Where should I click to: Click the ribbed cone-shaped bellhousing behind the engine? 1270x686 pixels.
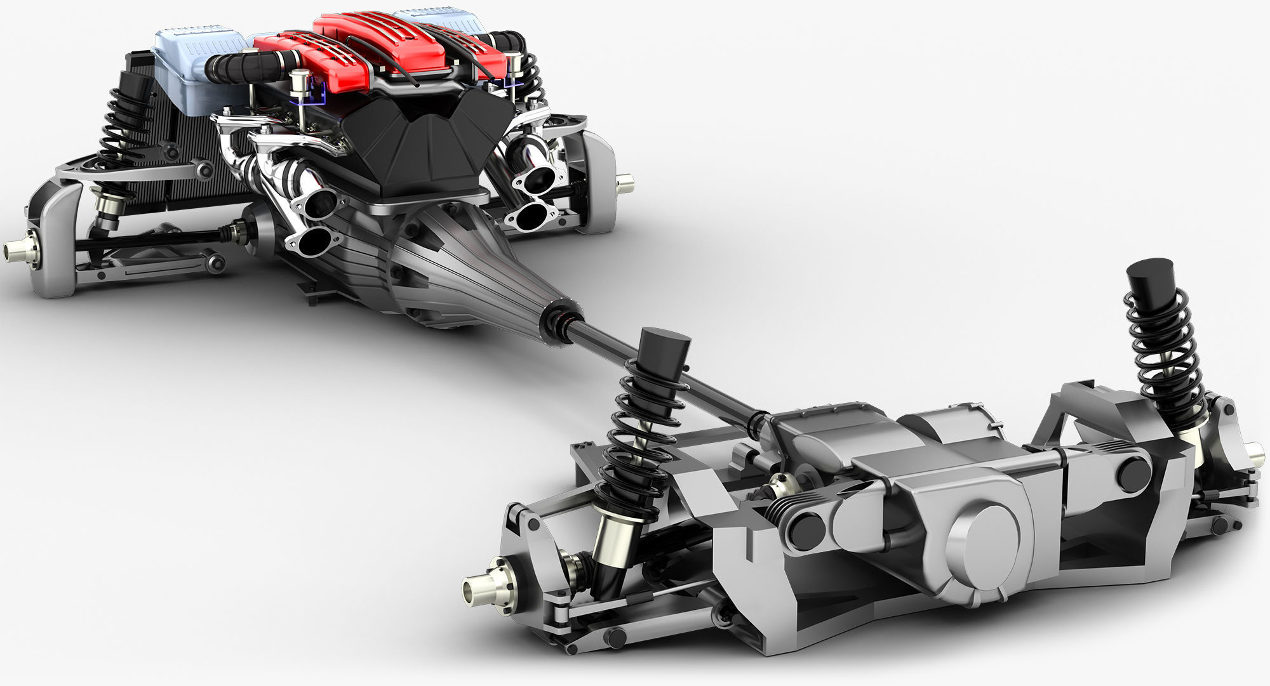(x=470, y=267)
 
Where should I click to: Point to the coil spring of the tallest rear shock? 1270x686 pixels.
(x=1162, y=343)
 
